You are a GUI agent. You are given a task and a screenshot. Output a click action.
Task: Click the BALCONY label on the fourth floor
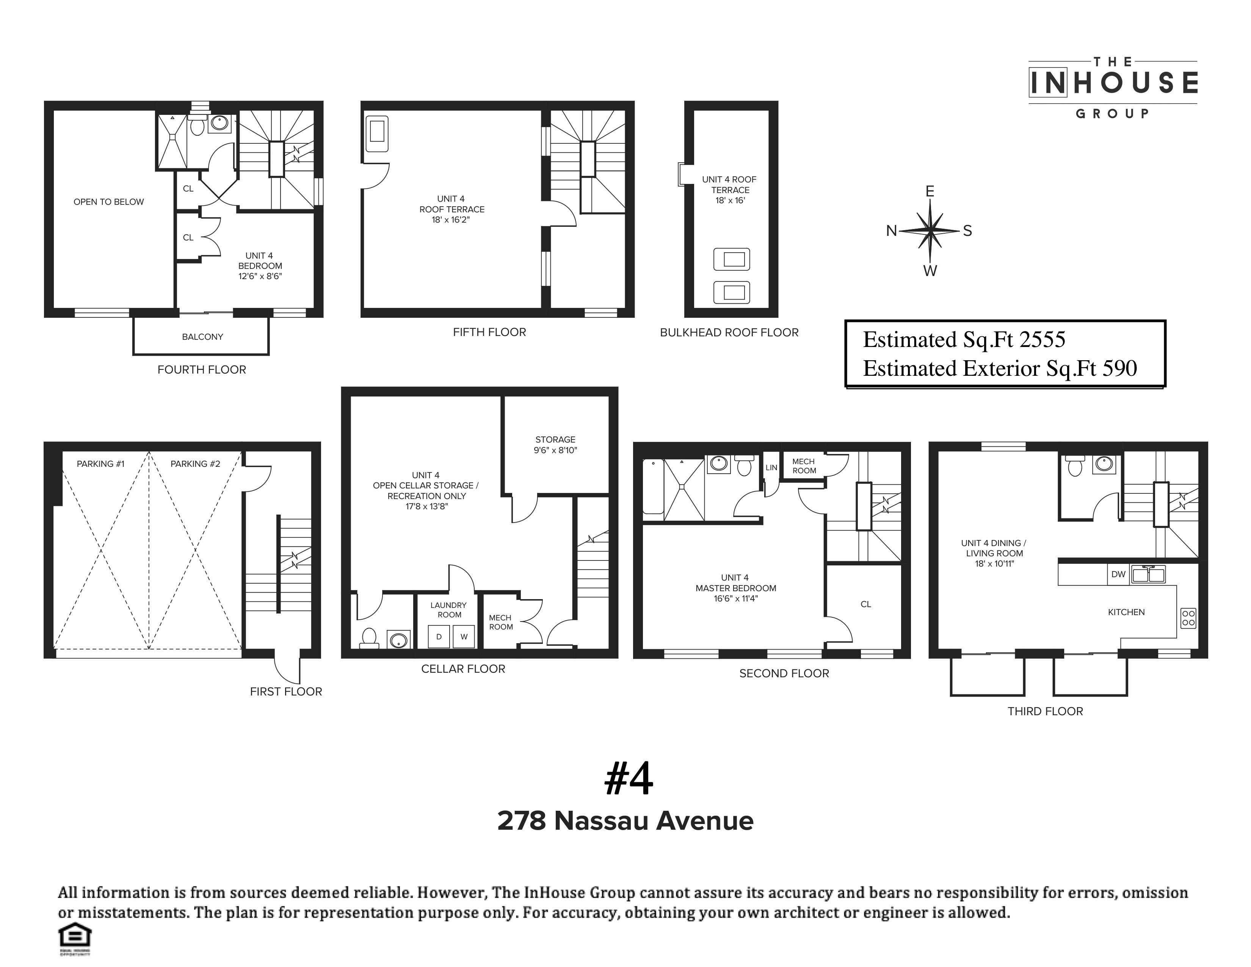tap(202, 337)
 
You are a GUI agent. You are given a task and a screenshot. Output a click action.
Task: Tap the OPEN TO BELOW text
tap(108, 202)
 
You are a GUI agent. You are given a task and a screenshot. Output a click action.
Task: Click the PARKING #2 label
tap(195, 464)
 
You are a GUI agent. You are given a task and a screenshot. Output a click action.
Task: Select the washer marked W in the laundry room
tap(464, 636)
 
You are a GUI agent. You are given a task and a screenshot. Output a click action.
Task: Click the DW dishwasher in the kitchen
tap(1118, 574)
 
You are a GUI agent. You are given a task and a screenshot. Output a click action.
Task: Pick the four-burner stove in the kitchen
tap(1188, 617)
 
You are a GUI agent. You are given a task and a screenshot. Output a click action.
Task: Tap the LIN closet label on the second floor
tap(771, 468)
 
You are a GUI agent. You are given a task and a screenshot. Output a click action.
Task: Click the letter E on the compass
tap(930, 192)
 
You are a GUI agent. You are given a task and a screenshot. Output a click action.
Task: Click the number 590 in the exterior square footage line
tap(1119, 368)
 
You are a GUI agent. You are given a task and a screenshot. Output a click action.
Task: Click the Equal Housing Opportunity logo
tap(75, 938)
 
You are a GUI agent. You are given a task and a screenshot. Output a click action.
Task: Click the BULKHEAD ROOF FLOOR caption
tap(729, 333)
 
